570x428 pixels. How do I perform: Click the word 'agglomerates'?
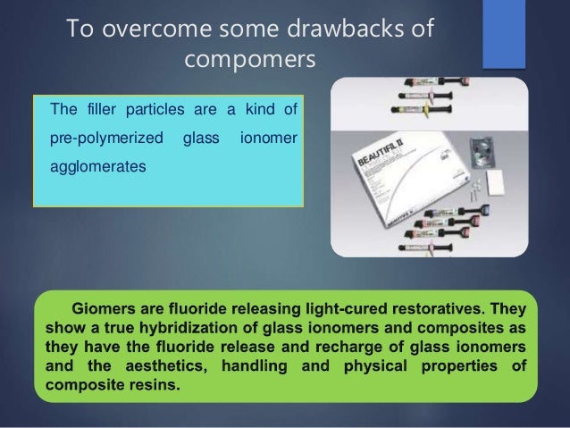pyautogui.click(x=96, y=166)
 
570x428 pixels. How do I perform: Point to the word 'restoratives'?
pyautogui.click(x=444, y=306)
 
